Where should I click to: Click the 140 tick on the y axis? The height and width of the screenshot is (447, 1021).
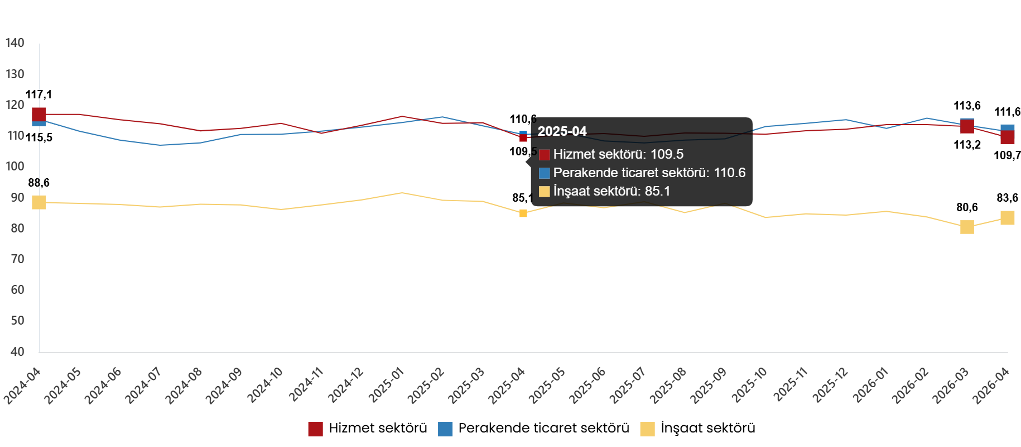coord(15,43)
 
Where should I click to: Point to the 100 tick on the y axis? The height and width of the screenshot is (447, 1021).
coord(15,167)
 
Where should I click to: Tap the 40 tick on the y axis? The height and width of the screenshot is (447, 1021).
coord(17,351)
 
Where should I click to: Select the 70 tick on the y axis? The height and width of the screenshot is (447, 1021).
coord(17,259)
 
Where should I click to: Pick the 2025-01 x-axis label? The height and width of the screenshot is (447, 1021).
coord(387,385)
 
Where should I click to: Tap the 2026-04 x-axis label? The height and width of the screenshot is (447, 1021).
coord(991,385)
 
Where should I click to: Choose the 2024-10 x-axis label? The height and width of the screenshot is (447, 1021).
coord(266,385)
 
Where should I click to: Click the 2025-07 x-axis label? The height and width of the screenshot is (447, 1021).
coord(628,385)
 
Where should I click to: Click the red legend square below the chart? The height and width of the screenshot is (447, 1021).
coord(315,429)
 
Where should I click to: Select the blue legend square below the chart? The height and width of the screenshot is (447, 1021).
coord(445,429)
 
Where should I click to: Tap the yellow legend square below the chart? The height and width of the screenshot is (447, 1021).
coord(647,429)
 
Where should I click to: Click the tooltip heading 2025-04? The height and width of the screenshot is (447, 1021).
coord(562,131)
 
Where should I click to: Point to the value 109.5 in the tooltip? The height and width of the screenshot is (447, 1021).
coord(667,155)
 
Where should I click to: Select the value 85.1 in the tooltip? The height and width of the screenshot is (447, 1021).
coord(657,192)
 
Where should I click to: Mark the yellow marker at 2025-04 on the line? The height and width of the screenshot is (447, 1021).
coord(523,213)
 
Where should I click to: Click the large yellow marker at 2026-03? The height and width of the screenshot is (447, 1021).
coord(967,227)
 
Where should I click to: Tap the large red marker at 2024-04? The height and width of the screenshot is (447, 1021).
coord(39,115)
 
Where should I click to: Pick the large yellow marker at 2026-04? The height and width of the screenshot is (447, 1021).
coord(1007,217)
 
